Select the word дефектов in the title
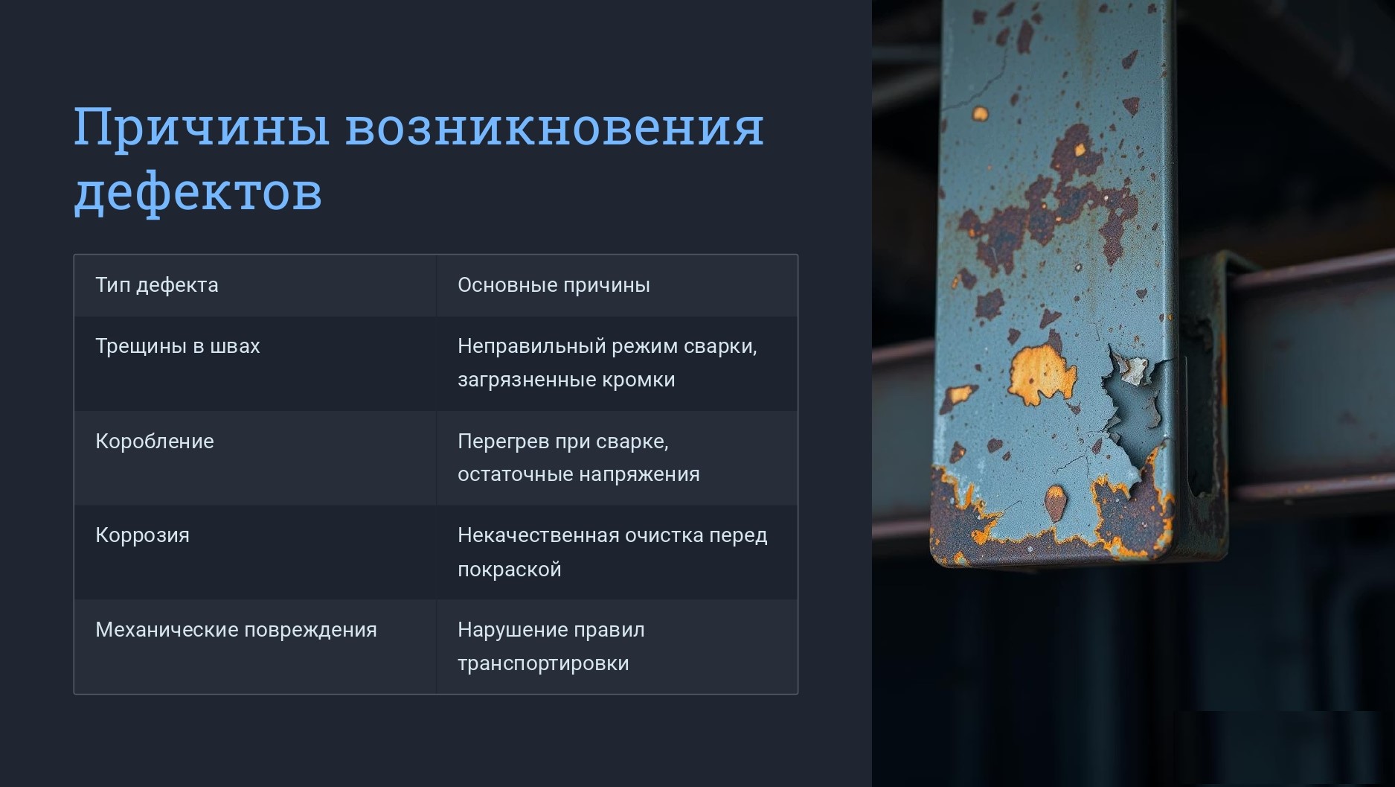pyautogui.click(x=198, y=191)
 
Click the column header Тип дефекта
pyautogui.click(x=157, y=285)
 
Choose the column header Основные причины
pyautogui.click(x=554, y=285)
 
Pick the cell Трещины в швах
pyautogui.click(x=178, y=346)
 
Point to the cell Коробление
pyautogui.click(x=155, y=441)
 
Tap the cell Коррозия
pyautogui.click(x=142, y=535)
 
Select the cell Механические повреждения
pyautogui.click(x=236, y=630)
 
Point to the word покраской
pyautogui.click(x=510, y=570)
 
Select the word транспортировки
pyautogui.click(x=543, y=663)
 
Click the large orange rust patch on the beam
pyautogui.click(x=1041, y=375)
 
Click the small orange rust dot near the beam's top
pyautogui.click(x=980, y=114)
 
